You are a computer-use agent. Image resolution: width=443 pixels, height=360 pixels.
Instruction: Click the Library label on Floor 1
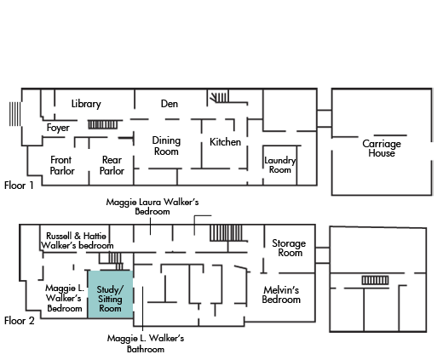pos(86,104)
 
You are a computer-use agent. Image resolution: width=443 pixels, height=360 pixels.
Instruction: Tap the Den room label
pos(170,104)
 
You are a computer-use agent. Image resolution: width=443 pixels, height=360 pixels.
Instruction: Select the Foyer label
pos(58,128)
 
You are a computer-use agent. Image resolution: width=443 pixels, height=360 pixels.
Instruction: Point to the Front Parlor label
pos(62,165)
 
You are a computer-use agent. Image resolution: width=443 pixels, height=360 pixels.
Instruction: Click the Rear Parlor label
pos(112,165)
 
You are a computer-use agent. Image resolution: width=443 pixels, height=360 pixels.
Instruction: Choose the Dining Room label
pos(166,146)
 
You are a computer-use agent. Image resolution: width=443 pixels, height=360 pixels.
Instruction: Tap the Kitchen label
pos(225,142)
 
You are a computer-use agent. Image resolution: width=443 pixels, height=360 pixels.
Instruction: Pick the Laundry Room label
pos(280,165)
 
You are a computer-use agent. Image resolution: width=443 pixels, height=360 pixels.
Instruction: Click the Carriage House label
pos(382,148)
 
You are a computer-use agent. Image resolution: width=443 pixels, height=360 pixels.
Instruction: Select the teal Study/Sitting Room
pos(110,294)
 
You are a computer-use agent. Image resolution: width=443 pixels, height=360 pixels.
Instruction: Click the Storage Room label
pos(289,248)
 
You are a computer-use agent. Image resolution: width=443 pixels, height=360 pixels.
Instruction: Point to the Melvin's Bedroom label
pos(281,294)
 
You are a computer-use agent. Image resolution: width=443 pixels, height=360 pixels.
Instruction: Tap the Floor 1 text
pos(19,186)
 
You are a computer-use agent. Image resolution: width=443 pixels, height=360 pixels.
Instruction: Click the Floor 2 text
pos(20,321)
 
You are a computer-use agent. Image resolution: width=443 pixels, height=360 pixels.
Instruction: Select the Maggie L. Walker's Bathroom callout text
pos(146,343)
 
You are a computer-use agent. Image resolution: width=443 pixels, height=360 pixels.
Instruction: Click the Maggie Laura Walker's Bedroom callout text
pos(152,207)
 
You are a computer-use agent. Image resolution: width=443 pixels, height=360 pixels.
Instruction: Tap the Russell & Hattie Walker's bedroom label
pos(77,241)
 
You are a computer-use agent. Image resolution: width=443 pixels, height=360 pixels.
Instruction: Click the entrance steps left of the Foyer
pos(14,114)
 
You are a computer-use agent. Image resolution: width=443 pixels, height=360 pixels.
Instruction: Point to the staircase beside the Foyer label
pos(102,124)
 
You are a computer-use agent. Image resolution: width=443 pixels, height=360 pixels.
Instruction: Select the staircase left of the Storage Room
pos(226,233)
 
